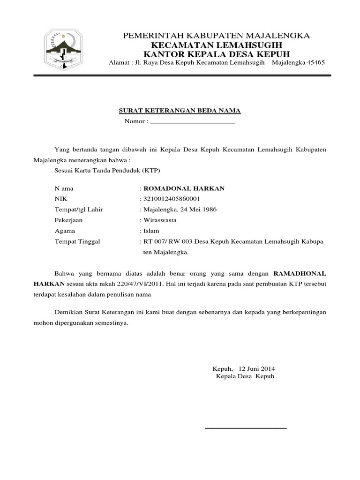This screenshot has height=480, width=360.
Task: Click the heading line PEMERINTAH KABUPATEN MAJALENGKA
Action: (216, 36)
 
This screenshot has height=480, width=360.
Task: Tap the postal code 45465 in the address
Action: (315, 63)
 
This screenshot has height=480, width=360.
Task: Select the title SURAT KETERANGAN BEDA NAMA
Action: (178, 111)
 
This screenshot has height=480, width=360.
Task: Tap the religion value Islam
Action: (151, 231)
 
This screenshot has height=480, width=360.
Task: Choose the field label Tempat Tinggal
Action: (77, 241)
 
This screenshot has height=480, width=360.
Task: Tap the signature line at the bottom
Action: (246, 428)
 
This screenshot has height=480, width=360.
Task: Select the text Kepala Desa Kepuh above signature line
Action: (245, 376)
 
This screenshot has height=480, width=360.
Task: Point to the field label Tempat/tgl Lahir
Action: (79, 210)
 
